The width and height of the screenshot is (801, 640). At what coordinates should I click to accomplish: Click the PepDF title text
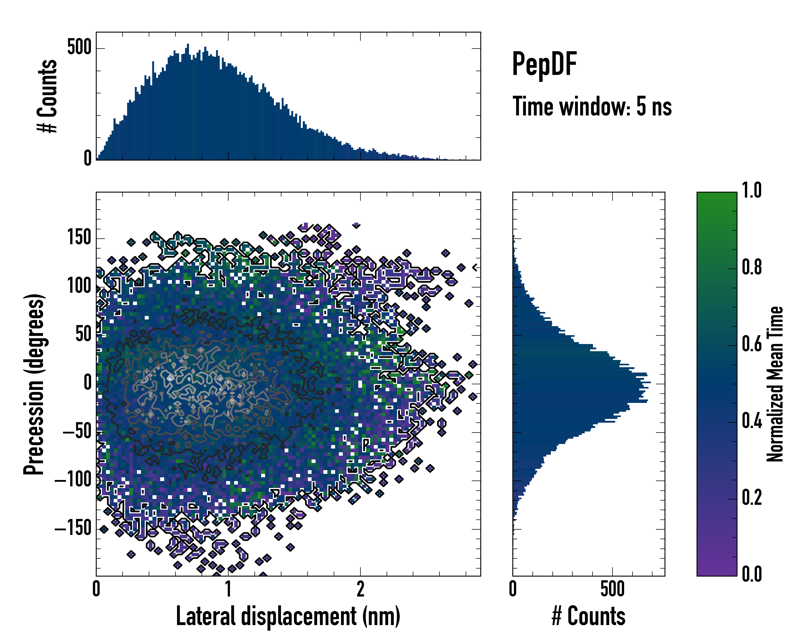coord(544,64)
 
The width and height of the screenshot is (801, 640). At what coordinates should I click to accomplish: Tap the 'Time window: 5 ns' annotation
coord(592,106)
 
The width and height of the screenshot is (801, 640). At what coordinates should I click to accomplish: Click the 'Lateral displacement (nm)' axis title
coord(288,616)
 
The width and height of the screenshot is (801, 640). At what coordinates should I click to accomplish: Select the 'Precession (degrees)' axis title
coord(34,384)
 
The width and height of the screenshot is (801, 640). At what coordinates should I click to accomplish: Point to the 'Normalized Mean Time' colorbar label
coord(775,384)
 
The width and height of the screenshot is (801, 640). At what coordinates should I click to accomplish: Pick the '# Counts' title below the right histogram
coord(588,616)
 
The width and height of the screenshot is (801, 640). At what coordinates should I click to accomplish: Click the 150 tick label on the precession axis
coord(79,237)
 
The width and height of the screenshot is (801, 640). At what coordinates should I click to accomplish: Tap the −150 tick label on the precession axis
coord(73,528)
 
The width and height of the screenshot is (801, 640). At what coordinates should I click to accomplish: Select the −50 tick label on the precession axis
coord(77,431)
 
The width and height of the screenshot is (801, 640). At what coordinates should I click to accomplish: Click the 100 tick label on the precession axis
coord(79,286)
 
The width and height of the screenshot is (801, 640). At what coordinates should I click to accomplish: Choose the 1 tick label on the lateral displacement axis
coord(228,589)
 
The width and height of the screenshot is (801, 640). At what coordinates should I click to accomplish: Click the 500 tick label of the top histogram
coord(79,47)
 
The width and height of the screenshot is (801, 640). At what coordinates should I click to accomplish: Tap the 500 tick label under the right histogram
coord(612,589)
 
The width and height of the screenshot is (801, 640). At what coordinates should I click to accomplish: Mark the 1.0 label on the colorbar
coord(752,190)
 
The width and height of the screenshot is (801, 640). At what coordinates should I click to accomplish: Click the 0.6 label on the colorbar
coord(752,344)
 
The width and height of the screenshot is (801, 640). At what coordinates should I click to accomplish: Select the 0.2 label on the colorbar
coord(752,498)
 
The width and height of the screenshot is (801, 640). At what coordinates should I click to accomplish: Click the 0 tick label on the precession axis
coord(88,383)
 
